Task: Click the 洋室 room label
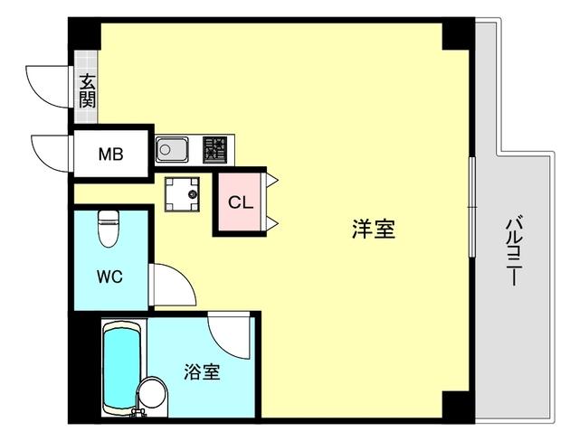tap(373, 230)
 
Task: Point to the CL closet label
tap(240, 202)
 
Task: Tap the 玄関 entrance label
tap(87, 90)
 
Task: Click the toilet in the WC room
tap(109, 229)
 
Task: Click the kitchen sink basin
tap(172, 149)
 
